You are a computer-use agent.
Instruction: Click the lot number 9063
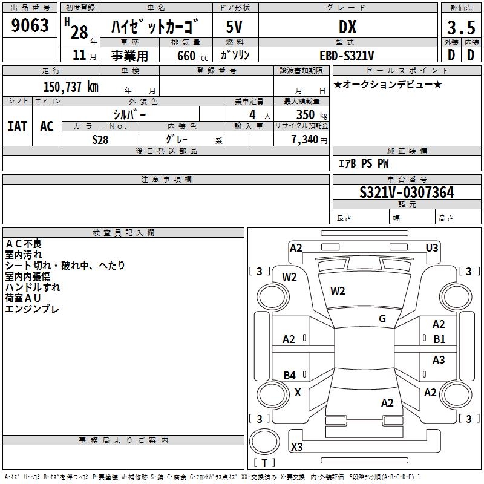pyautogui.click(x=30, y=25)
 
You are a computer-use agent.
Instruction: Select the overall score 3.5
pyautogui.click(x=461, y=27)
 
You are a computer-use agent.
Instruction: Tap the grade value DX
pyautogui.click(x=347, y=27)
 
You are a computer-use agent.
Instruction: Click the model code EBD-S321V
pyautogui.click(x=347, y=56)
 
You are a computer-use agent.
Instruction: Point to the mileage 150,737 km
pyautogui.click(x=71, y=87)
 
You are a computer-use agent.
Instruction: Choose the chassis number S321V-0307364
pyautogui.click(x=407, y=192)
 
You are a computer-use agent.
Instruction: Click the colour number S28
pyautogui.click(x=100, y=140)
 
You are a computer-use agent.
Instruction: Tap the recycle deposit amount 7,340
pyautogui.click(x=305, y=139)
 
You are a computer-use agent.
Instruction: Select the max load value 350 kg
pyautogui.click(x=312, y=114)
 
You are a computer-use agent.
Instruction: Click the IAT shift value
pyautogui.click(x=17, y=126)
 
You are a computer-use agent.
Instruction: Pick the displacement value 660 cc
pyautogui.click(x=192, y=56)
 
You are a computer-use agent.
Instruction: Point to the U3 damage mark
pyautogui.click(x=432, y=248)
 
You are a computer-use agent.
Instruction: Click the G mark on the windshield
pyautogui.click(x=382, y=319)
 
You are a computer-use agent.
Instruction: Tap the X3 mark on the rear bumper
pyautogui.click(x=296, y=446)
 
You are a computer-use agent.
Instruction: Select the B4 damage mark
pyautogui.click(x=289, y=375)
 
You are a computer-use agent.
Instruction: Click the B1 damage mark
pyautogui.click(x=439, y=339)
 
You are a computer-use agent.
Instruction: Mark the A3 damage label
pyautogui.click(x=439, y=359)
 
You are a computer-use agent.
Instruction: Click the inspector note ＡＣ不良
pyautogui.click(x=24, y=244)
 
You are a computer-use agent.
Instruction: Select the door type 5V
pyautogui.click(x=234, y=27)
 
